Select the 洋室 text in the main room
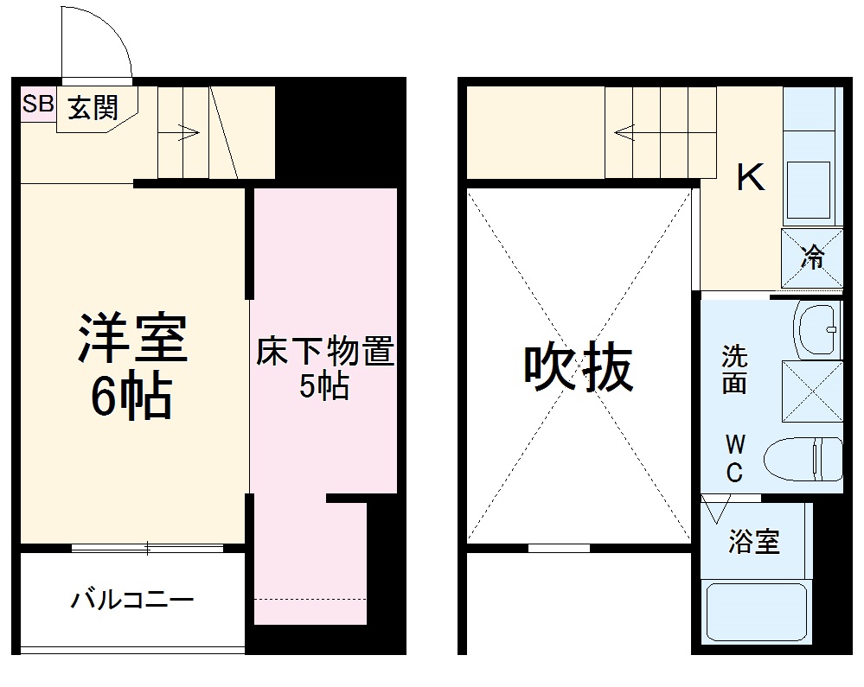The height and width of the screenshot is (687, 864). click(x=132, y=340)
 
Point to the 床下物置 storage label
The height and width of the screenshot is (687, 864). click(x=324, y=354)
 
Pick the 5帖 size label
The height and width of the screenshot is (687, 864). click(x=324, y=387)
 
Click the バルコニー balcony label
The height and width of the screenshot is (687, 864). click(x=131, y=599)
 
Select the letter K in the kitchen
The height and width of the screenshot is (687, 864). click(x=750, y=179)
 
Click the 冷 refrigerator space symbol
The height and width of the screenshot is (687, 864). click(x=812, y=258)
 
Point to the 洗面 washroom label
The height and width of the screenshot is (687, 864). click(x=734, y=369)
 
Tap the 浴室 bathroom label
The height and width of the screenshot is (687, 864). click(x=754, y=543)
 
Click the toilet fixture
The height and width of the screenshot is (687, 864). click(x=804, y=458)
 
